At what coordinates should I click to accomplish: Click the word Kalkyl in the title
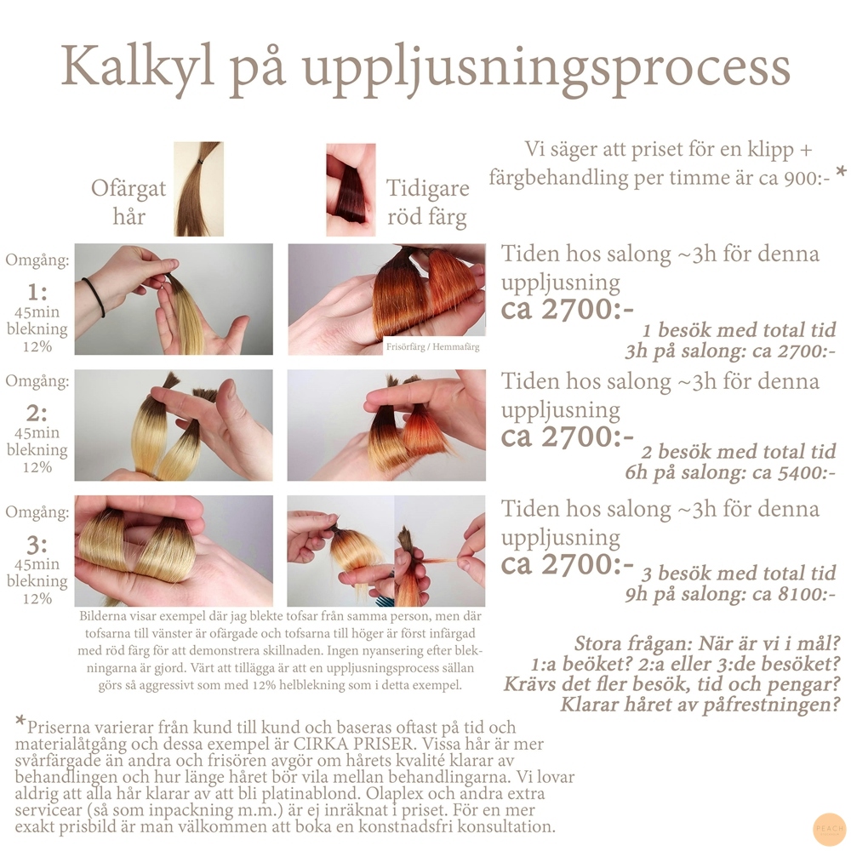point(137,66)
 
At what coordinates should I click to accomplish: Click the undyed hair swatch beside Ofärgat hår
point(198,189)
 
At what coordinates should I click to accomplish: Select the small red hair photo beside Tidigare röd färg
point(351,190)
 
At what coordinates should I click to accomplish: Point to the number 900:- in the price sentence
point(808,178)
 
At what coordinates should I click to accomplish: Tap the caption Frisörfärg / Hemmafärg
point(432,347)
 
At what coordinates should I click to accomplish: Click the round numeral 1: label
point(37,292)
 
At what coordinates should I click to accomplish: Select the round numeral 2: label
point(37,414)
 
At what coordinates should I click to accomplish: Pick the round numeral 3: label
point(37,545)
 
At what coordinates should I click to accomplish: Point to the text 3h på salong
point(685,352)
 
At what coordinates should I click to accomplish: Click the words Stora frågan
point(632,643)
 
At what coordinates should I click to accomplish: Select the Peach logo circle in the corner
point(830,829)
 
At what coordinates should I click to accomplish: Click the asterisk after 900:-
point(841,173)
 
